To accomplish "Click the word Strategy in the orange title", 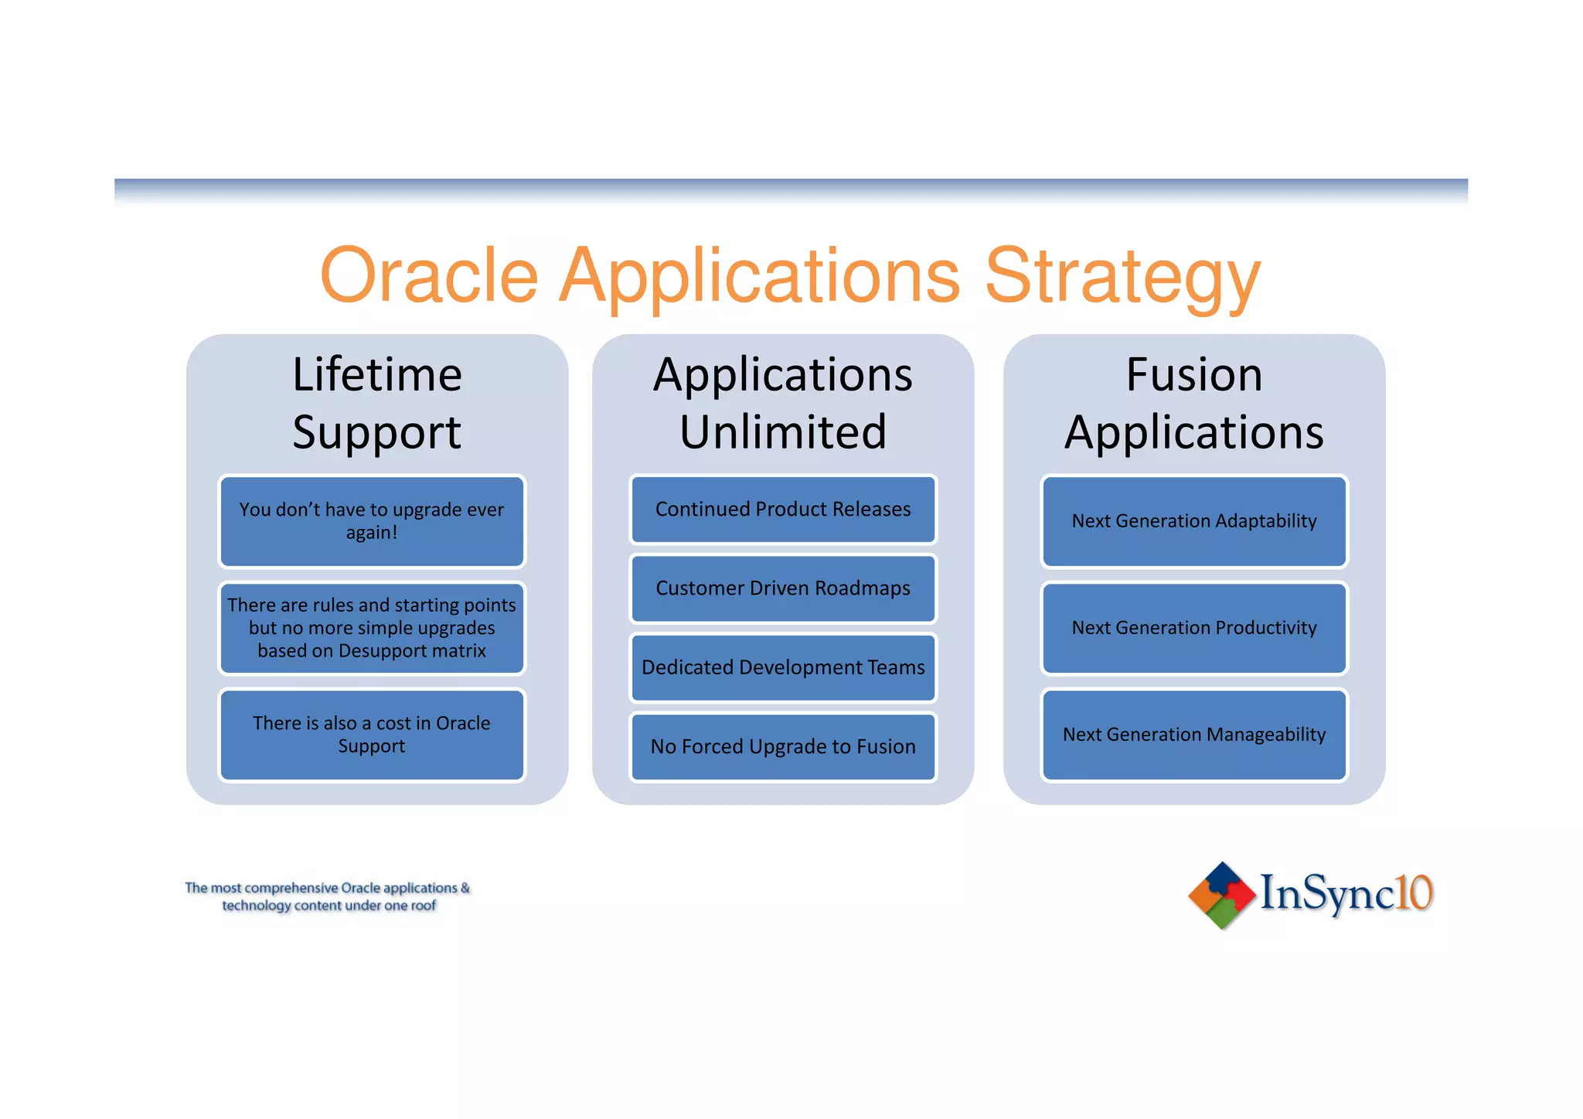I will [x=1122, y=277].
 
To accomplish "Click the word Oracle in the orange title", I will [x=429, y=277].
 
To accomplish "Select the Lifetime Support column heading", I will [x=377, y=403].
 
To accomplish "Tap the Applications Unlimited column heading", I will [x=783, y=403].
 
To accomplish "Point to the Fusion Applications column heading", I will [x=1194, y=403].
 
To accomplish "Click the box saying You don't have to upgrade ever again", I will [x=372, y=521].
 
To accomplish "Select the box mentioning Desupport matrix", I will [x=372, y=628].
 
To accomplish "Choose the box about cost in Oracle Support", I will [x=372, y=735].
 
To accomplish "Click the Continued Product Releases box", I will [x=783, y=510].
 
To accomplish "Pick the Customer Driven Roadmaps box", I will [x=783, y=588].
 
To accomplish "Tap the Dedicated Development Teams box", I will [x=783, y=667].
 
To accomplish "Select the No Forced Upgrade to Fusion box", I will [x=783, y=746].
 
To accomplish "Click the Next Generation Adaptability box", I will [x=1194, y=521].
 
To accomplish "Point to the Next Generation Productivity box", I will [x=1194, y=628].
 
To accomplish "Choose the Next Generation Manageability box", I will [x=1194, y=735].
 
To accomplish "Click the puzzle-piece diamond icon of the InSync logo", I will [x=1221, y=895].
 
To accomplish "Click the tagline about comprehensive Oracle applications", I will [x=328, y=896].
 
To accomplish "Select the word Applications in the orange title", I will [x=759, y=277].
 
